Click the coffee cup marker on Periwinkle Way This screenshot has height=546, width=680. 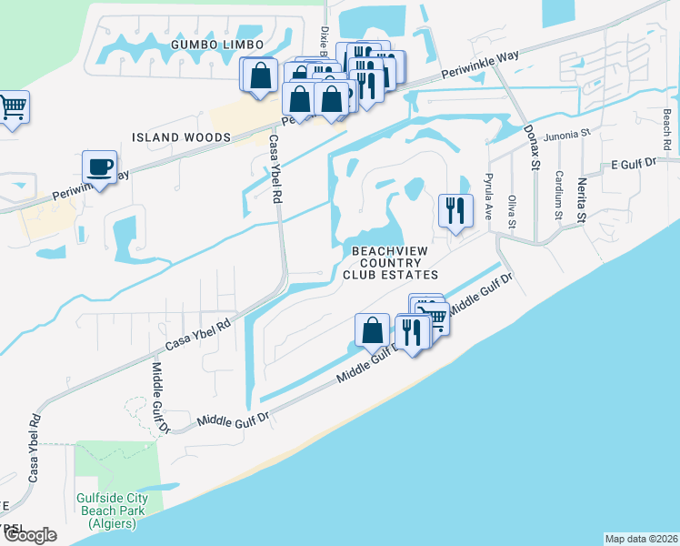99,168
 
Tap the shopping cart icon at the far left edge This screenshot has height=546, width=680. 13,108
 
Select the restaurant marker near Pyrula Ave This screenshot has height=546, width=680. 454,210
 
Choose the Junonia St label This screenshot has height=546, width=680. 567,134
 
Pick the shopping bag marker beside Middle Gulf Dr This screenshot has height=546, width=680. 373,330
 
